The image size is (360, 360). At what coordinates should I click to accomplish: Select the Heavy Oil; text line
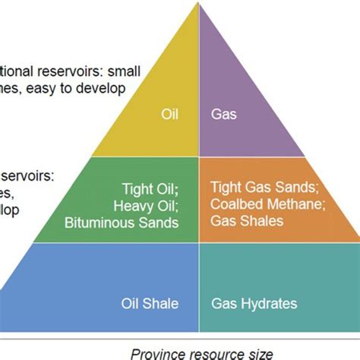point(149,206)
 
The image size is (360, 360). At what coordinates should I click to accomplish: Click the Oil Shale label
point(150,304)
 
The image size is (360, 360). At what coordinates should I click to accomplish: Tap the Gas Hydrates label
point(254,304)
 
